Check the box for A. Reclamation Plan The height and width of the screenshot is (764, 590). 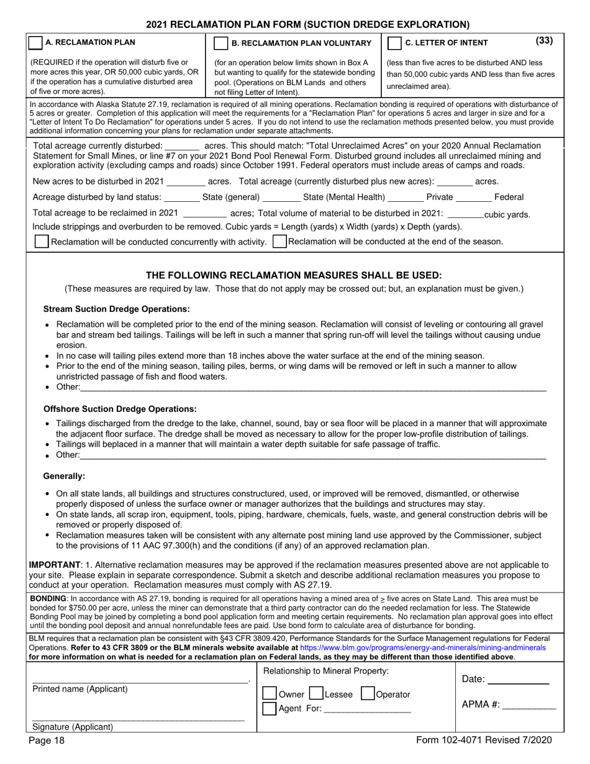[x=35, y=43]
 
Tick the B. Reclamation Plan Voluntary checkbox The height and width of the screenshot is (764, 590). [x=220, y=43]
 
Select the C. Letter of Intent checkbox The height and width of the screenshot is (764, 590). [x=394, y=43]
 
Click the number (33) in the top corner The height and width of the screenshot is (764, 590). [x=543, y=41]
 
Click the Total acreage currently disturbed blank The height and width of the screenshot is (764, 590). [x=183, y=146]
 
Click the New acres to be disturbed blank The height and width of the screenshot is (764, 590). [x=186, y=182]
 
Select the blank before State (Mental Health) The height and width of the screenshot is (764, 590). [x=281, y=198]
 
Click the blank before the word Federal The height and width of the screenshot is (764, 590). [x=473, y=198]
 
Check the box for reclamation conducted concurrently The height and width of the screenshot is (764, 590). [x=41, y=242]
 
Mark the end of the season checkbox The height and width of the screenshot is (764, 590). [x=279, y=242]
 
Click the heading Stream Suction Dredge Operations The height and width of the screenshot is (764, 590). [x=116, y=309]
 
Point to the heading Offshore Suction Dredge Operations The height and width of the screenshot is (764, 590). [x=120, y=409]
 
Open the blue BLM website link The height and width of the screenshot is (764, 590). [x=422, y=647]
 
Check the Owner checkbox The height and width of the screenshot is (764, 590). [x=270, y=694]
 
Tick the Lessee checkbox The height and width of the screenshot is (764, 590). [x=315, y=694]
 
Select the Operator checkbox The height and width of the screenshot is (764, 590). [x=367, y=694]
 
